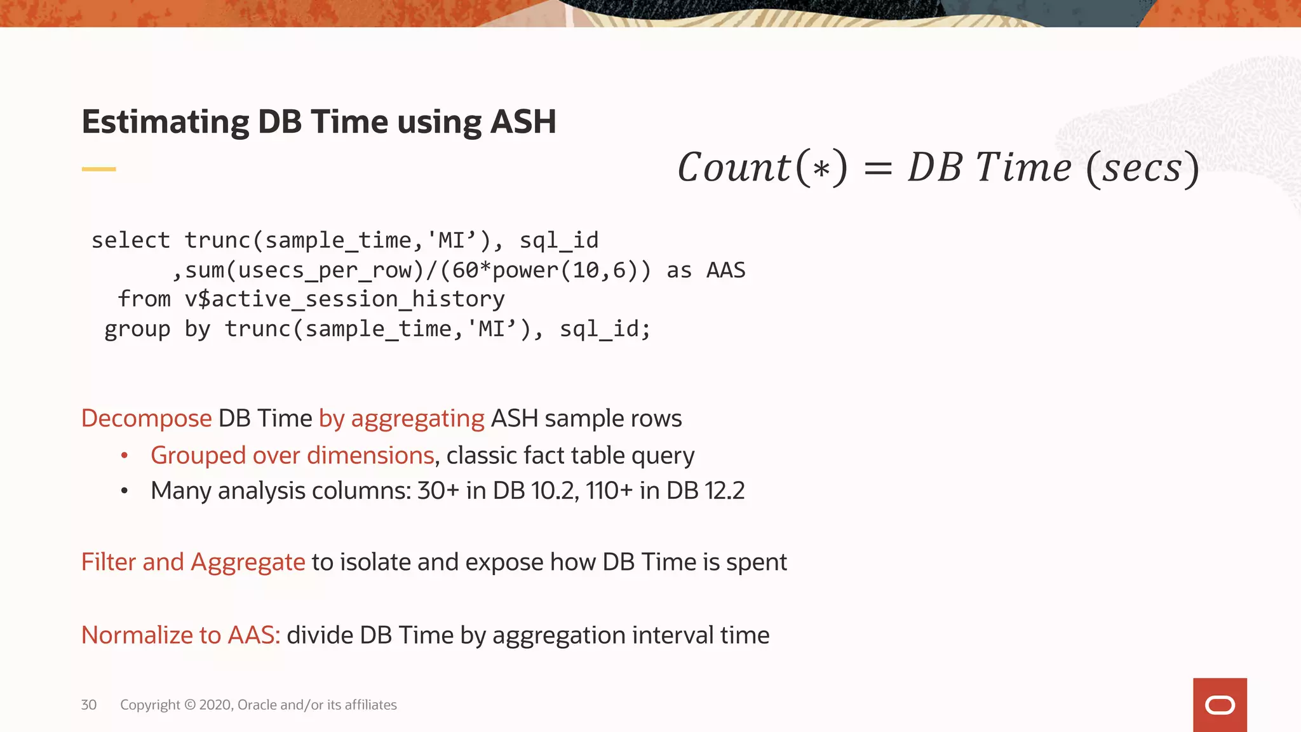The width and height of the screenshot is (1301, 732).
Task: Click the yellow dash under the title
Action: coord(98,169)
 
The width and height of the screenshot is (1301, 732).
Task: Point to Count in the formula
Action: coord(734,168)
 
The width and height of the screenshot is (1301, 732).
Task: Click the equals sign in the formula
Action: coord(878,169)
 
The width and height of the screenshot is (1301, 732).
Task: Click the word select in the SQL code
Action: coord(130,240)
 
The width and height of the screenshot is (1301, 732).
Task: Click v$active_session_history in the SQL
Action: coord(344,299)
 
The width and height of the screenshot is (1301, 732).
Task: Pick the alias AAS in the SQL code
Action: coord(725,270)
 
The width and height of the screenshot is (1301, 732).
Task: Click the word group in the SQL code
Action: coord(137,329)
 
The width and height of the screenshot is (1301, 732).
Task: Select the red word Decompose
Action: coord(146,418)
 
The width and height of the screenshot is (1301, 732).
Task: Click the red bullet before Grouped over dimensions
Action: coord(125,455)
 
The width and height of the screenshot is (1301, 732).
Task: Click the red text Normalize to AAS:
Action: coord(180,635)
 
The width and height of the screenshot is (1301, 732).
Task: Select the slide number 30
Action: coord(89,705)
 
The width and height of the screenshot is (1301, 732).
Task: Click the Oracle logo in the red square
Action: coord(1220,705)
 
